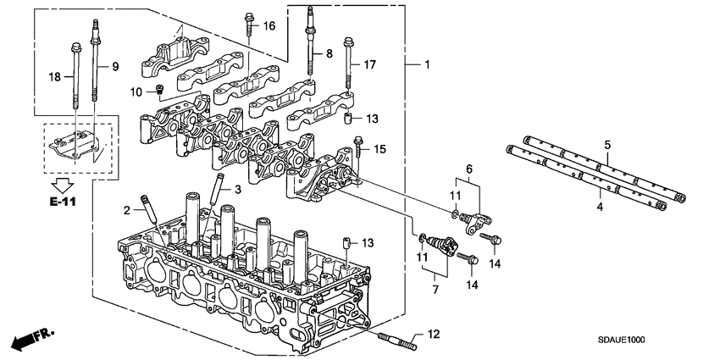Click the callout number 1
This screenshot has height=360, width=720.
click(x=428, y=64)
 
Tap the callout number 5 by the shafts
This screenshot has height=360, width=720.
click(x=606, y=146)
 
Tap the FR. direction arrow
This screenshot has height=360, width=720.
click(x=30, y=341)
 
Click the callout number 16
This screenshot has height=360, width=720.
click(x=269, y=27)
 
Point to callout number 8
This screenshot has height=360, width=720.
click(x=330, y=54)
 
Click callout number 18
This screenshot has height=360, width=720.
click(x=53, y=76)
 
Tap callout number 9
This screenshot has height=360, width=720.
click(x=115, y=65)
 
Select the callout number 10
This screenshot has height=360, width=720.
click(x=136, y=91)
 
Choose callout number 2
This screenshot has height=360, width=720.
click(x=126, y=209)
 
